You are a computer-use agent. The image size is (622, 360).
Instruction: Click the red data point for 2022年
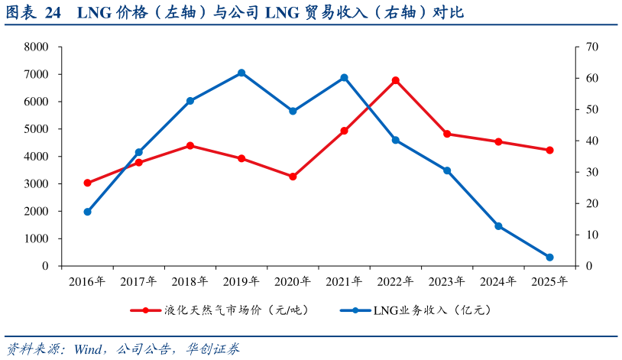coord(396,80)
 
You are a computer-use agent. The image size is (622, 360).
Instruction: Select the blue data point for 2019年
coord(241,73)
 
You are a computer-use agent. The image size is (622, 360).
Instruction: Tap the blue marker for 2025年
coord(550,258)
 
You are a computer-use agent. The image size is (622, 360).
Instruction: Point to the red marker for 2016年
coord(88,183)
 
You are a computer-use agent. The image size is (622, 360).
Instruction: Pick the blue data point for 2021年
coord(345,78)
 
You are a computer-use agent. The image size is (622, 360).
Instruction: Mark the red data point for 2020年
coord(293,177)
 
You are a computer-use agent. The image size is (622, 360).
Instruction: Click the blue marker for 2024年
coord(499,226)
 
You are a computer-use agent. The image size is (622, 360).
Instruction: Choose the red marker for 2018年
coord(190,146)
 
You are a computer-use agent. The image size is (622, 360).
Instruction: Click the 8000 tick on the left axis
coord(36,47)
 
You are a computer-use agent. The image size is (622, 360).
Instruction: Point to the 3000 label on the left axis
coord(36,183)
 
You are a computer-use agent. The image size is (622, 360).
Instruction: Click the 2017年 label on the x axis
coord(138,281)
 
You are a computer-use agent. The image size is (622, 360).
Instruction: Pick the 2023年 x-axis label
coord(447,281)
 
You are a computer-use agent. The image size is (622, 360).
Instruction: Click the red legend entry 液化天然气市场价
coord(219,310)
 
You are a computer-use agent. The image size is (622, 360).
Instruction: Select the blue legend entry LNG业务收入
coord(416,310)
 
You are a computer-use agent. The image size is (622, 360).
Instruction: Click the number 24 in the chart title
coord(53,13)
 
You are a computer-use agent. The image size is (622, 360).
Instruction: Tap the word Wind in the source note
coord(88,349)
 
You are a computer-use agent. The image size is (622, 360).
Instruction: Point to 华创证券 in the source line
coord(213,349)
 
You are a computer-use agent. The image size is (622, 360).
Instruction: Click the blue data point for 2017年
coord(139,152)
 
